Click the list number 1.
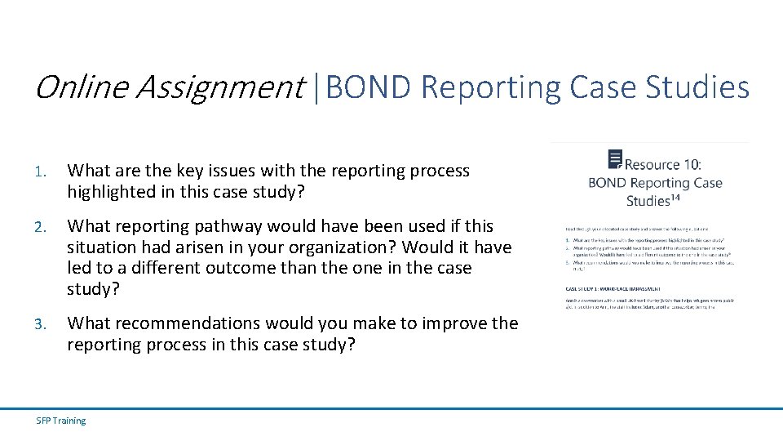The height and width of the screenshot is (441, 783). click(41, 171)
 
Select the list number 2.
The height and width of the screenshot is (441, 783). click(41, 226)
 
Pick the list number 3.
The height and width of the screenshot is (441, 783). click(41, 324)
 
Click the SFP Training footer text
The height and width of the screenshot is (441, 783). click(61, 421)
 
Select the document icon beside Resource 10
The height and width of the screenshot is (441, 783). click(615, 159)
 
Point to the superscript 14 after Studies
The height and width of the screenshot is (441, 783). click(677, 197)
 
